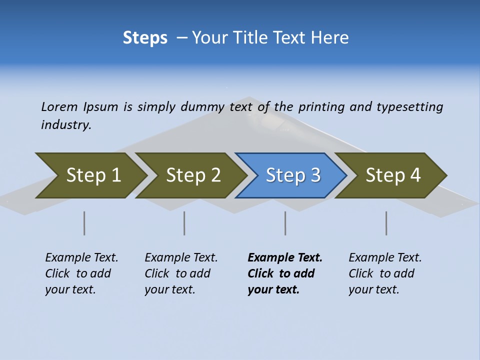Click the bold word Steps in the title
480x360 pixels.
coord(145,37)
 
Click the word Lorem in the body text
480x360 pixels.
coord(59,106)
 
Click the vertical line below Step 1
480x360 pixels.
coord(84,223)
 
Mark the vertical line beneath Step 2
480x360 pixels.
coord(184,223)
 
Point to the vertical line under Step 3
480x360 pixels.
coord(285,223)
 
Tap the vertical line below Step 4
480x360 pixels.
coord(386,223)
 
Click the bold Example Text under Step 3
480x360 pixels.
coord(285,257)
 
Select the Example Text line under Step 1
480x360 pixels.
coord(81,257)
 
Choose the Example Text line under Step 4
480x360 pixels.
coord(385,257)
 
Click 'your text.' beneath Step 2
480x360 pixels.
coord(169,289)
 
